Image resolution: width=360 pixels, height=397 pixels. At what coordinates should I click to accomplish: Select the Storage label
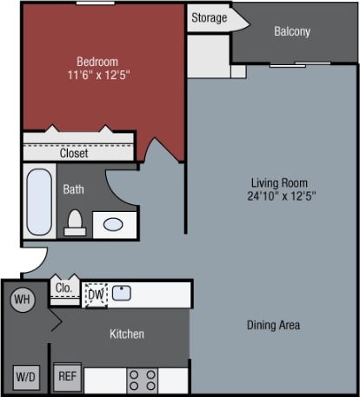[x=209, y=17]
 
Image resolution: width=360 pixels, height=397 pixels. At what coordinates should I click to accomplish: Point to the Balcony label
[x=291, y=32]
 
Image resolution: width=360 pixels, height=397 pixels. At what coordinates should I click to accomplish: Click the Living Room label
[x=279, y=182]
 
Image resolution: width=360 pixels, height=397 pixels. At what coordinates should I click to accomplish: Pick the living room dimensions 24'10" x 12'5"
[x=279, y=196]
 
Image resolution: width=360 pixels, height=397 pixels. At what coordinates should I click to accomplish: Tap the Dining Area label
[x=272, y=325]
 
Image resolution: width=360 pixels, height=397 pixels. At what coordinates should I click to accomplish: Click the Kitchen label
[x=127, y=334]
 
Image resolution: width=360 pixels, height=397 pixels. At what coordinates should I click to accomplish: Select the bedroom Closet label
[x=74, y=154]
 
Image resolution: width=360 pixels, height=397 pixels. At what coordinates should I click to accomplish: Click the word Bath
[x=73, y=188]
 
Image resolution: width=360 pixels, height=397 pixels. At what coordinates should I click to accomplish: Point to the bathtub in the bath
[x=39, y=202]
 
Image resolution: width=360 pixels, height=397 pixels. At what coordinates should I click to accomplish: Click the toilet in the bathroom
[x=75, y=223]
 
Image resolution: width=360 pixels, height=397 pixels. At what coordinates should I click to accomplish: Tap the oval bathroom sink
[x=113, y=224]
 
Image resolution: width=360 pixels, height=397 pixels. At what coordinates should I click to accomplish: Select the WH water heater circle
[x=22, y=300]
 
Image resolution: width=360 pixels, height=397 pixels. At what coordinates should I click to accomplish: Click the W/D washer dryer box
[x=24, y=377]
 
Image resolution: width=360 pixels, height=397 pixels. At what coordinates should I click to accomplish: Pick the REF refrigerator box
[x=67, y=377]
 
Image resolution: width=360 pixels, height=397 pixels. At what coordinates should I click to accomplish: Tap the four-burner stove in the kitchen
[x=143, y=379]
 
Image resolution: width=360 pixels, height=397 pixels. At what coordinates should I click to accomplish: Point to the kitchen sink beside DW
[x=122, y=292]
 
